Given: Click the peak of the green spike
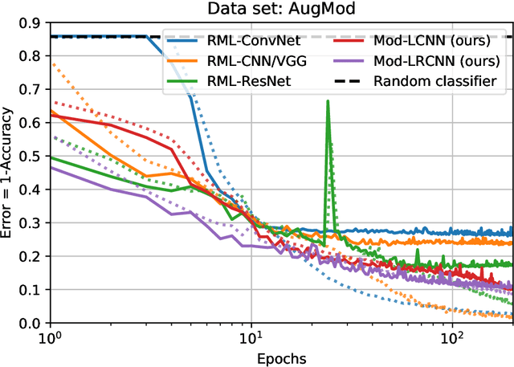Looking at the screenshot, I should pos(328,101).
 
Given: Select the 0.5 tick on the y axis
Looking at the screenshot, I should pos(32,157).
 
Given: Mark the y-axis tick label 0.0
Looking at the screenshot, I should pos(32,323).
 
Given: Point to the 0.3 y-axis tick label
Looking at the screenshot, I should pos(32,223).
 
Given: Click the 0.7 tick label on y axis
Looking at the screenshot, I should pos(32,90).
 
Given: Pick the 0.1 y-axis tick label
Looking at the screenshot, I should pos(32,290).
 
